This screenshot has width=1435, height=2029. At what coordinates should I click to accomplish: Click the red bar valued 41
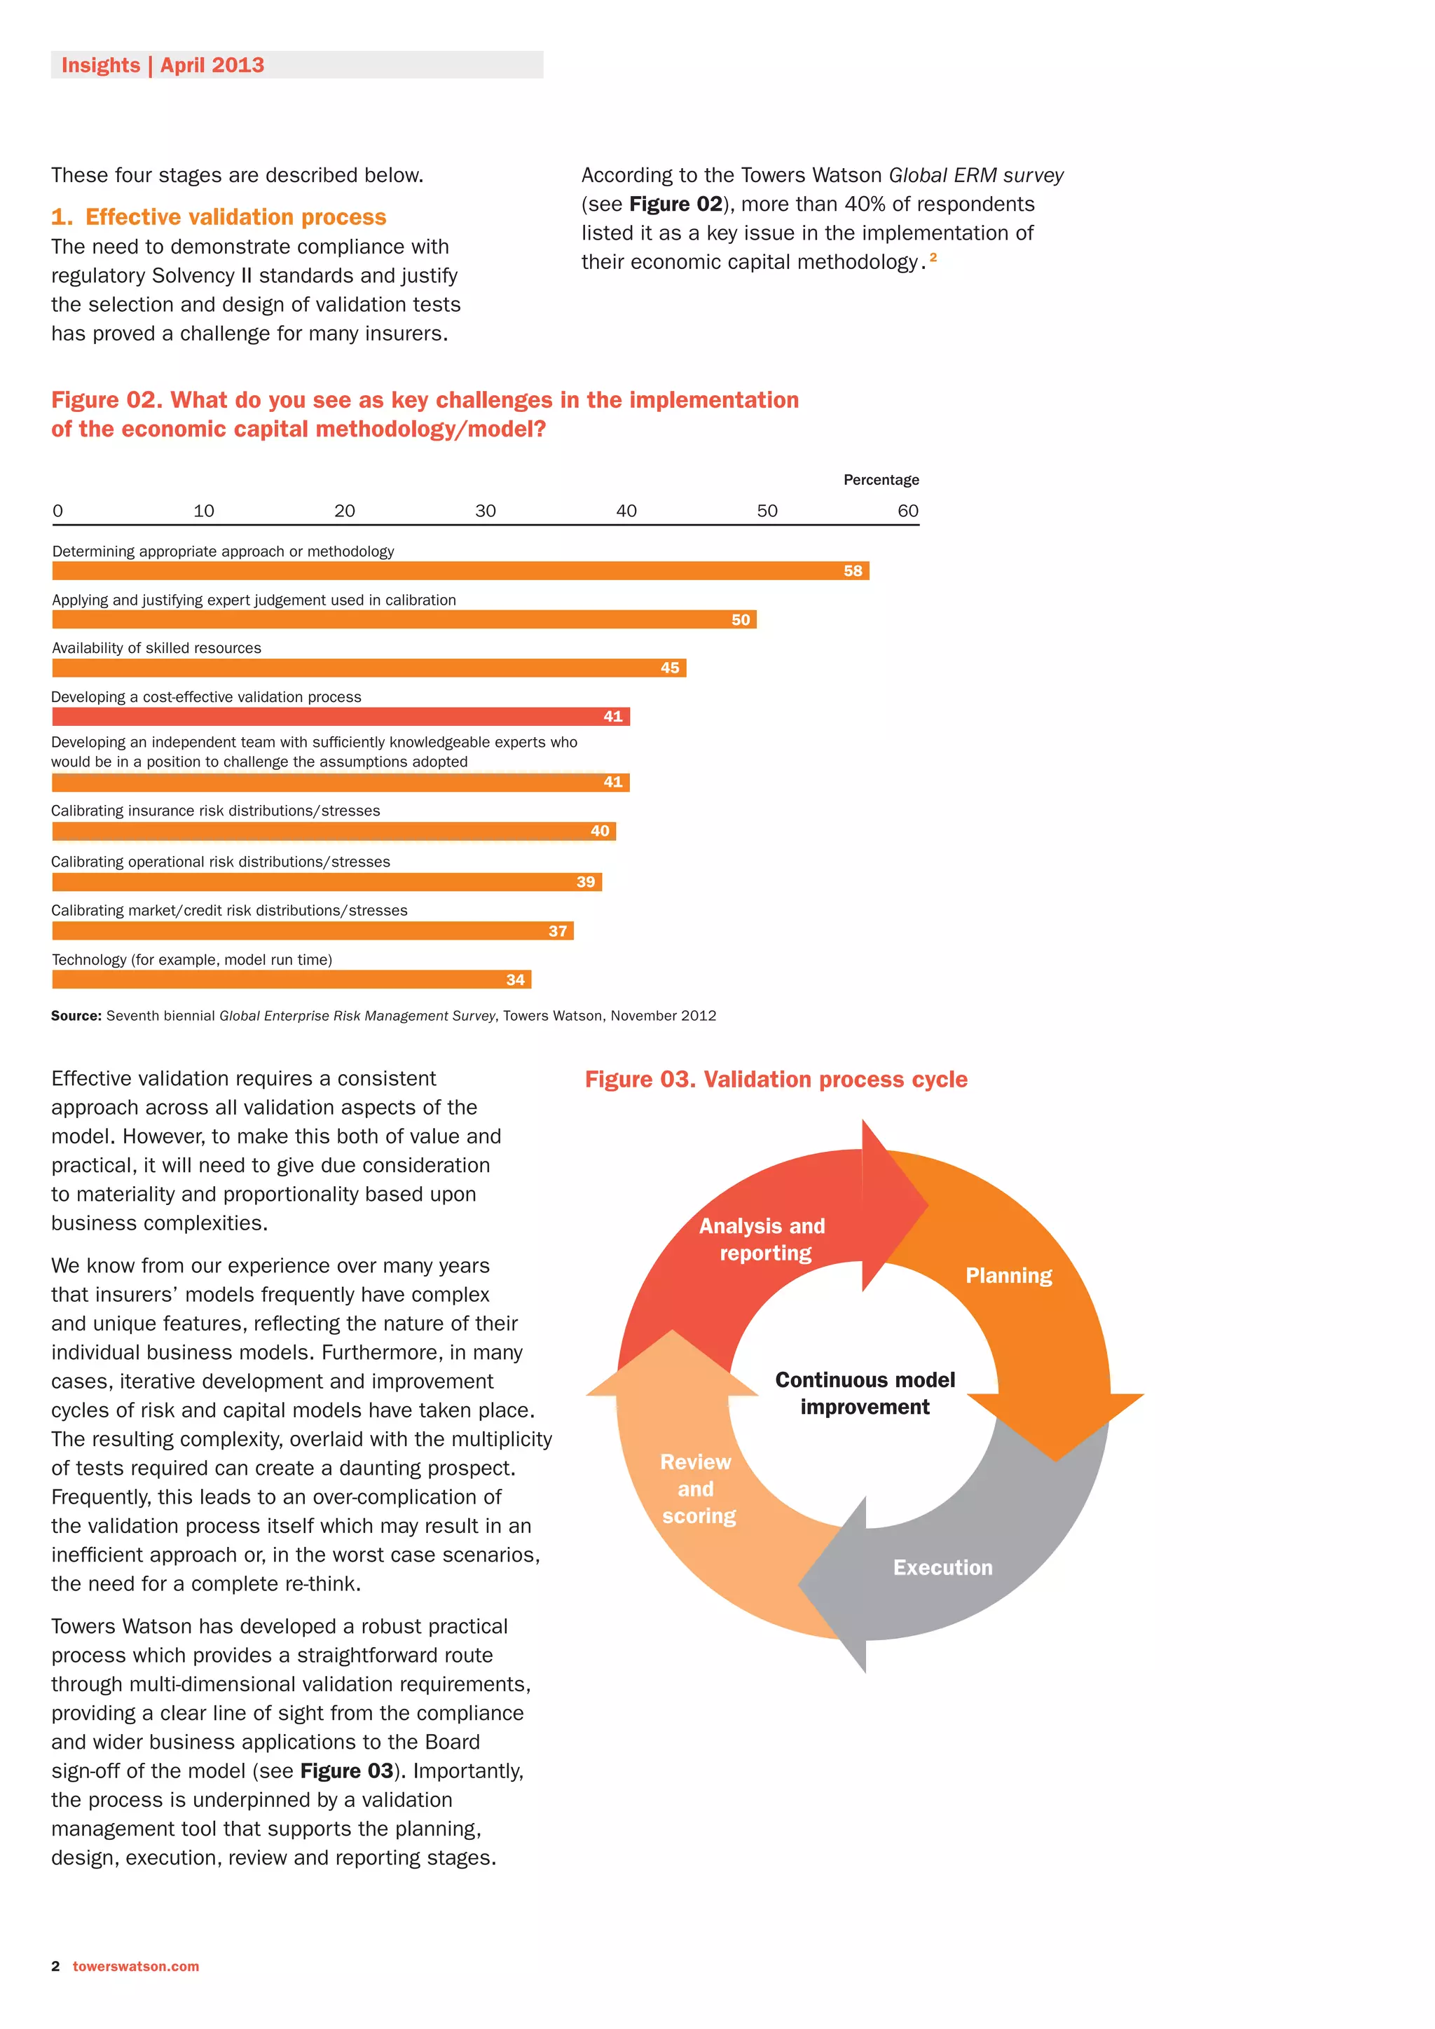341,717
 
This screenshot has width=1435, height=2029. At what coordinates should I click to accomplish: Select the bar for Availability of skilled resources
369,668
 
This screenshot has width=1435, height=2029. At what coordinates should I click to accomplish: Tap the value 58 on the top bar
853,572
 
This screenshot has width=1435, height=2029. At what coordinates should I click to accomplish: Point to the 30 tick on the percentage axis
485,511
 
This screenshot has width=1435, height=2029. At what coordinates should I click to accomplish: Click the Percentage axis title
881,480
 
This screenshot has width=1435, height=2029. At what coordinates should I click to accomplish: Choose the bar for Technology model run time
291,979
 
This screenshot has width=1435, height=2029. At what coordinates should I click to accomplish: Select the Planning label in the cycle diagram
1008,1275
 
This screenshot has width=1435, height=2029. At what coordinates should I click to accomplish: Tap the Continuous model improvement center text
865,1393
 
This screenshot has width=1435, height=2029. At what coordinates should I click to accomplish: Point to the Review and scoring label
697,1488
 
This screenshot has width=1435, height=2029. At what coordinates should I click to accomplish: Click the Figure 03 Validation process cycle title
776,1079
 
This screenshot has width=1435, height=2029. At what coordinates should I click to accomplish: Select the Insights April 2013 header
163,65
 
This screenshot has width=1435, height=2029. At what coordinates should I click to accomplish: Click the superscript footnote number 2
933,257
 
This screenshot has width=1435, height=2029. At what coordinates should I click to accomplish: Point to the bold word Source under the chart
76,1017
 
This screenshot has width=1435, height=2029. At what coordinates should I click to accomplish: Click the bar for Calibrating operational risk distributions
327,882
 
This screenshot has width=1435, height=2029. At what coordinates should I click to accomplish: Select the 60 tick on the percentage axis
907,511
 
